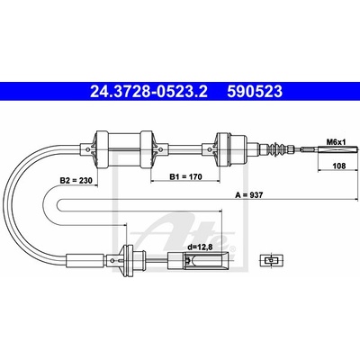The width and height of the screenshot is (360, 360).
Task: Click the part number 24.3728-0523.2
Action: coord(148,91)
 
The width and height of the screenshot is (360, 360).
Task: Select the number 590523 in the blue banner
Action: coord(255,91)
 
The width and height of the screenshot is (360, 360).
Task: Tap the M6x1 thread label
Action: coord(336,141)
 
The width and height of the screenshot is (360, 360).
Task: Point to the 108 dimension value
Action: coord(339,166)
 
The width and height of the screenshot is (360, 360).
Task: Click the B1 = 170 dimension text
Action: coord(186,176)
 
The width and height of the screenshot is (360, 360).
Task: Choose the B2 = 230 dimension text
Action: coord(76,181)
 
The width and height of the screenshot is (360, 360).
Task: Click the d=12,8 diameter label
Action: coord(199,247)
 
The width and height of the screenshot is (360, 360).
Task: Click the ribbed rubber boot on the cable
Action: coord(276,148)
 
